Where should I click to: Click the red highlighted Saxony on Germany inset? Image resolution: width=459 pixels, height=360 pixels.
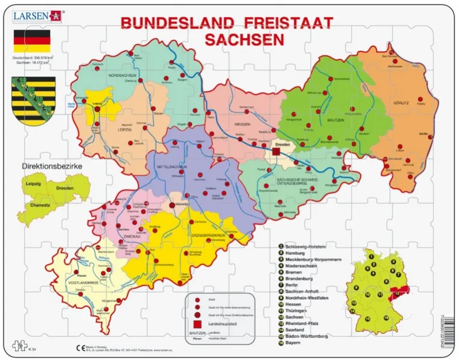[400, 293]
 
